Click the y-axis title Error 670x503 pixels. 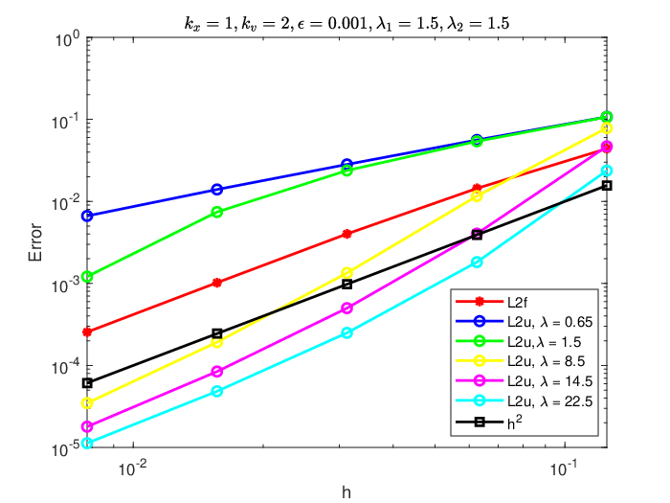[35, 242]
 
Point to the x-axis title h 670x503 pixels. [346, 492]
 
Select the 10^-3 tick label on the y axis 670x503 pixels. [65, 286]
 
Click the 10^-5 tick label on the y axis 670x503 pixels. [65, 449]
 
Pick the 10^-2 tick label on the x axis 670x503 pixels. [133, 469]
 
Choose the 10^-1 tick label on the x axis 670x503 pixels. [564, 469]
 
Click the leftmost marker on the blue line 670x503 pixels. [87, 216]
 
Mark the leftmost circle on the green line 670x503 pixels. [87, 277]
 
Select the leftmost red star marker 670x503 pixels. [87, 332]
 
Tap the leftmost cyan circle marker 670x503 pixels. [87, 443]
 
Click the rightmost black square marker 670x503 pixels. [607, 185]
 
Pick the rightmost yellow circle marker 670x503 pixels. [607, 127]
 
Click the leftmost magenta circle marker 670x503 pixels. [87, 426]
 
